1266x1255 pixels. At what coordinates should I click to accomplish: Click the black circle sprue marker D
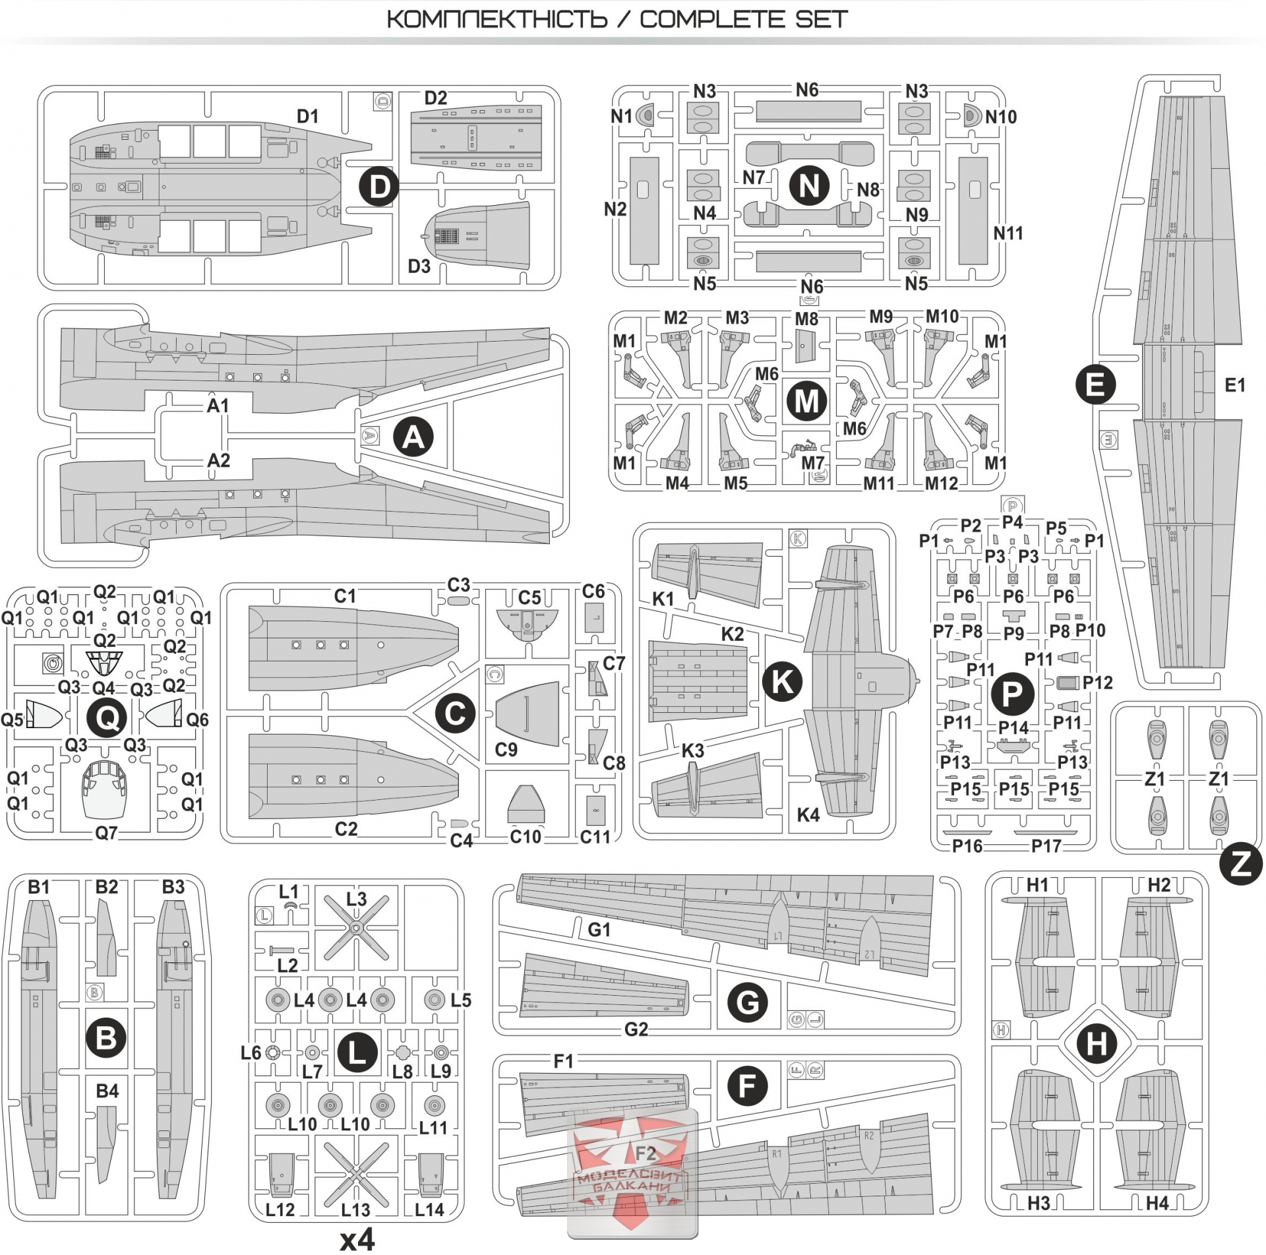tap(378, 187)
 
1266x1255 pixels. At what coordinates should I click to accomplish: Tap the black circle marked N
tap(809, 185)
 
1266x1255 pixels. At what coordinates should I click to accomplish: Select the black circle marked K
tap(782, 681)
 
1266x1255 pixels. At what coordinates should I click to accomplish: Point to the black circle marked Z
tap(1241, 864)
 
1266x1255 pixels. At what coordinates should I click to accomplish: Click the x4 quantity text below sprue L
tap(357, 1239)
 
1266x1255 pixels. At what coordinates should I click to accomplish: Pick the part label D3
tap(419, 266)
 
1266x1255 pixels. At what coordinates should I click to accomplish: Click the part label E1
tap(1234, 385)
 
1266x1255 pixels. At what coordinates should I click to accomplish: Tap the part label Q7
tap(106, 833)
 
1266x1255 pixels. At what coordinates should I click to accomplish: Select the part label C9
tap(506, 750)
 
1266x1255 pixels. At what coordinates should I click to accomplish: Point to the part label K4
tap(808, 815)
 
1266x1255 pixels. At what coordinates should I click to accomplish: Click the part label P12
tap(1097, 683)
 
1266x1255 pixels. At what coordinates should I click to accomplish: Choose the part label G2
tap(636, 1029)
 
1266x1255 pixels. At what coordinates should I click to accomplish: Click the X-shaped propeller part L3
tap(356, 929)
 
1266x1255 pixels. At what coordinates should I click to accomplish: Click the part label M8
tap(806, 319)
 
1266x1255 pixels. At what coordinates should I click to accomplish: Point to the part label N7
tap(754, 177)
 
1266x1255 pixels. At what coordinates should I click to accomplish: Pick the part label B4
tap(107, 1091)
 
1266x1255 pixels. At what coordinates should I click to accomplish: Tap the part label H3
tap(1039, 1204)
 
